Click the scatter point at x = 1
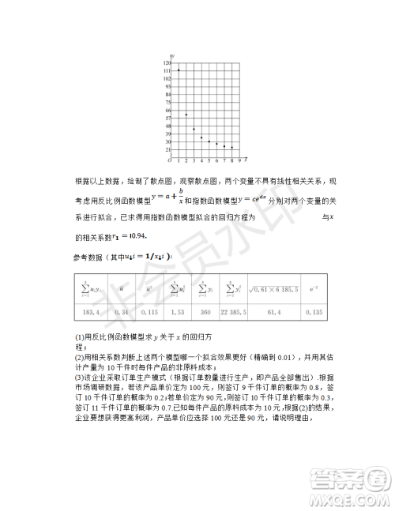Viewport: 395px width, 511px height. click(179, 70)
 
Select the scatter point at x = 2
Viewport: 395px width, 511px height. click(186, 115)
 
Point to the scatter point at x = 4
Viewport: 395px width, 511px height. click(201, 137)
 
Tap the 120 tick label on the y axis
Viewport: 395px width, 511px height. click(167, 62)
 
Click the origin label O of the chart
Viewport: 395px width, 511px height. click(168, 160)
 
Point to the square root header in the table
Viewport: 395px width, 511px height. click(273, 290)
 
